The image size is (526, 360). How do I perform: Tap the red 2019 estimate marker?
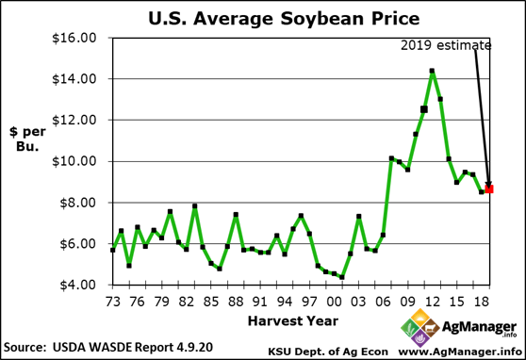point(489,189)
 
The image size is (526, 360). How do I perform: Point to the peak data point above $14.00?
point(432,71)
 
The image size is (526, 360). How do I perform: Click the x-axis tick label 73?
point(113,301)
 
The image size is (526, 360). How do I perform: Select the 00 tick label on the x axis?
point(334,301)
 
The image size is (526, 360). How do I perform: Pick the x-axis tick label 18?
point(481,301)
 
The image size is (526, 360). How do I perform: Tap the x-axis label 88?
point(236,301)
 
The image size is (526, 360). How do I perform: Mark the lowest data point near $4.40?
point(342,277)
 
